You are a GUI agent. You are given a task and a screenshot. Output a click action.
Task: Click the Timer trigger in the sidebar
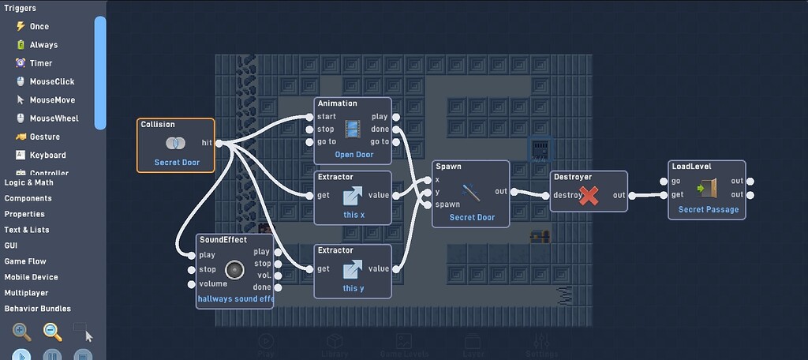pos(40,63)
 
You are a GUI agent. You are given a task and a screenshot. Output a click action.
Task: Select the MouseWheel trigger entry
pos(53,118)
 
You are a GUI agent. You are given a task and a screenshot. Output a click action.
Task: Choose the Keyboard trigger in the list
pos(47,156)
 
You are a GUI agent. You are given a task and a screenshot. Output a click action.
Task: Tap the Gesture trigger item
pos(44,137)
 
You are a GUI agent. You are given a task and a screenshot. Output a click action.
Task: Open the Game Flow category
pos(25,261)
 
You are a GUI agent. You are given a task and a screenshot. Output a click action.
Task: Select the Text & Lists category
pos(27,230)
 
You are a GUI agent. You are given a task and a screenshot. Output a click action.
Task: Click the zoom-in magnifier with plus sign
pos(22,332)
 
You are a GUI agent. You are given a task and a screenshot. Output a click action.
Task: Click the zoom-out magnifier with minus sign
pos(52,332)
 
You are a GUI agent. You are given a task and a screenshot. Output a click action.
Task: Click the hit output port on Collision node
pos(219,143)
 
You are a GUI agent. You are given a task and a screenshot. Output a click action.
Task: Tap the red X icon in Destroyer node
pos(589,196)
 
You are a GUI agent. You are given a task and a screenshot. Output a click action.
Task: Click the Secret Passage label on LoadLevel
pos(708,210)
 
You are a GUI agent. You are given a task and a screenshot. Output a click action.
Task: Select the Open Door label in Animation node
pos(353,155)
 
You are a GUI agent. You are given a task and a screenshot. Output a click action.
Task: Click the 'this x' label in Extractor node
pos(353,216)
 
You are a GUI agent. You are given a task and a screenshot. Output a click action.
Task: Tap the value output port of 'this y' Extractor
pos(396,268)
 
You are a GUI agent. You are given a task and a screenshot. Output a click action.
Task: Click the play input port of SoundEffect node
pos(192,255)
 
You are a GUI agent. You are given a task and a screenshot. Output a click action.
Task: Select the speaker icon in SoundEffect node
pos(234,270)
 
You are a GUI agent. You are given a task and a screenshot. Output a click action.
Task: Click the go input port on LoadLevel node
pos(664,182)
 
